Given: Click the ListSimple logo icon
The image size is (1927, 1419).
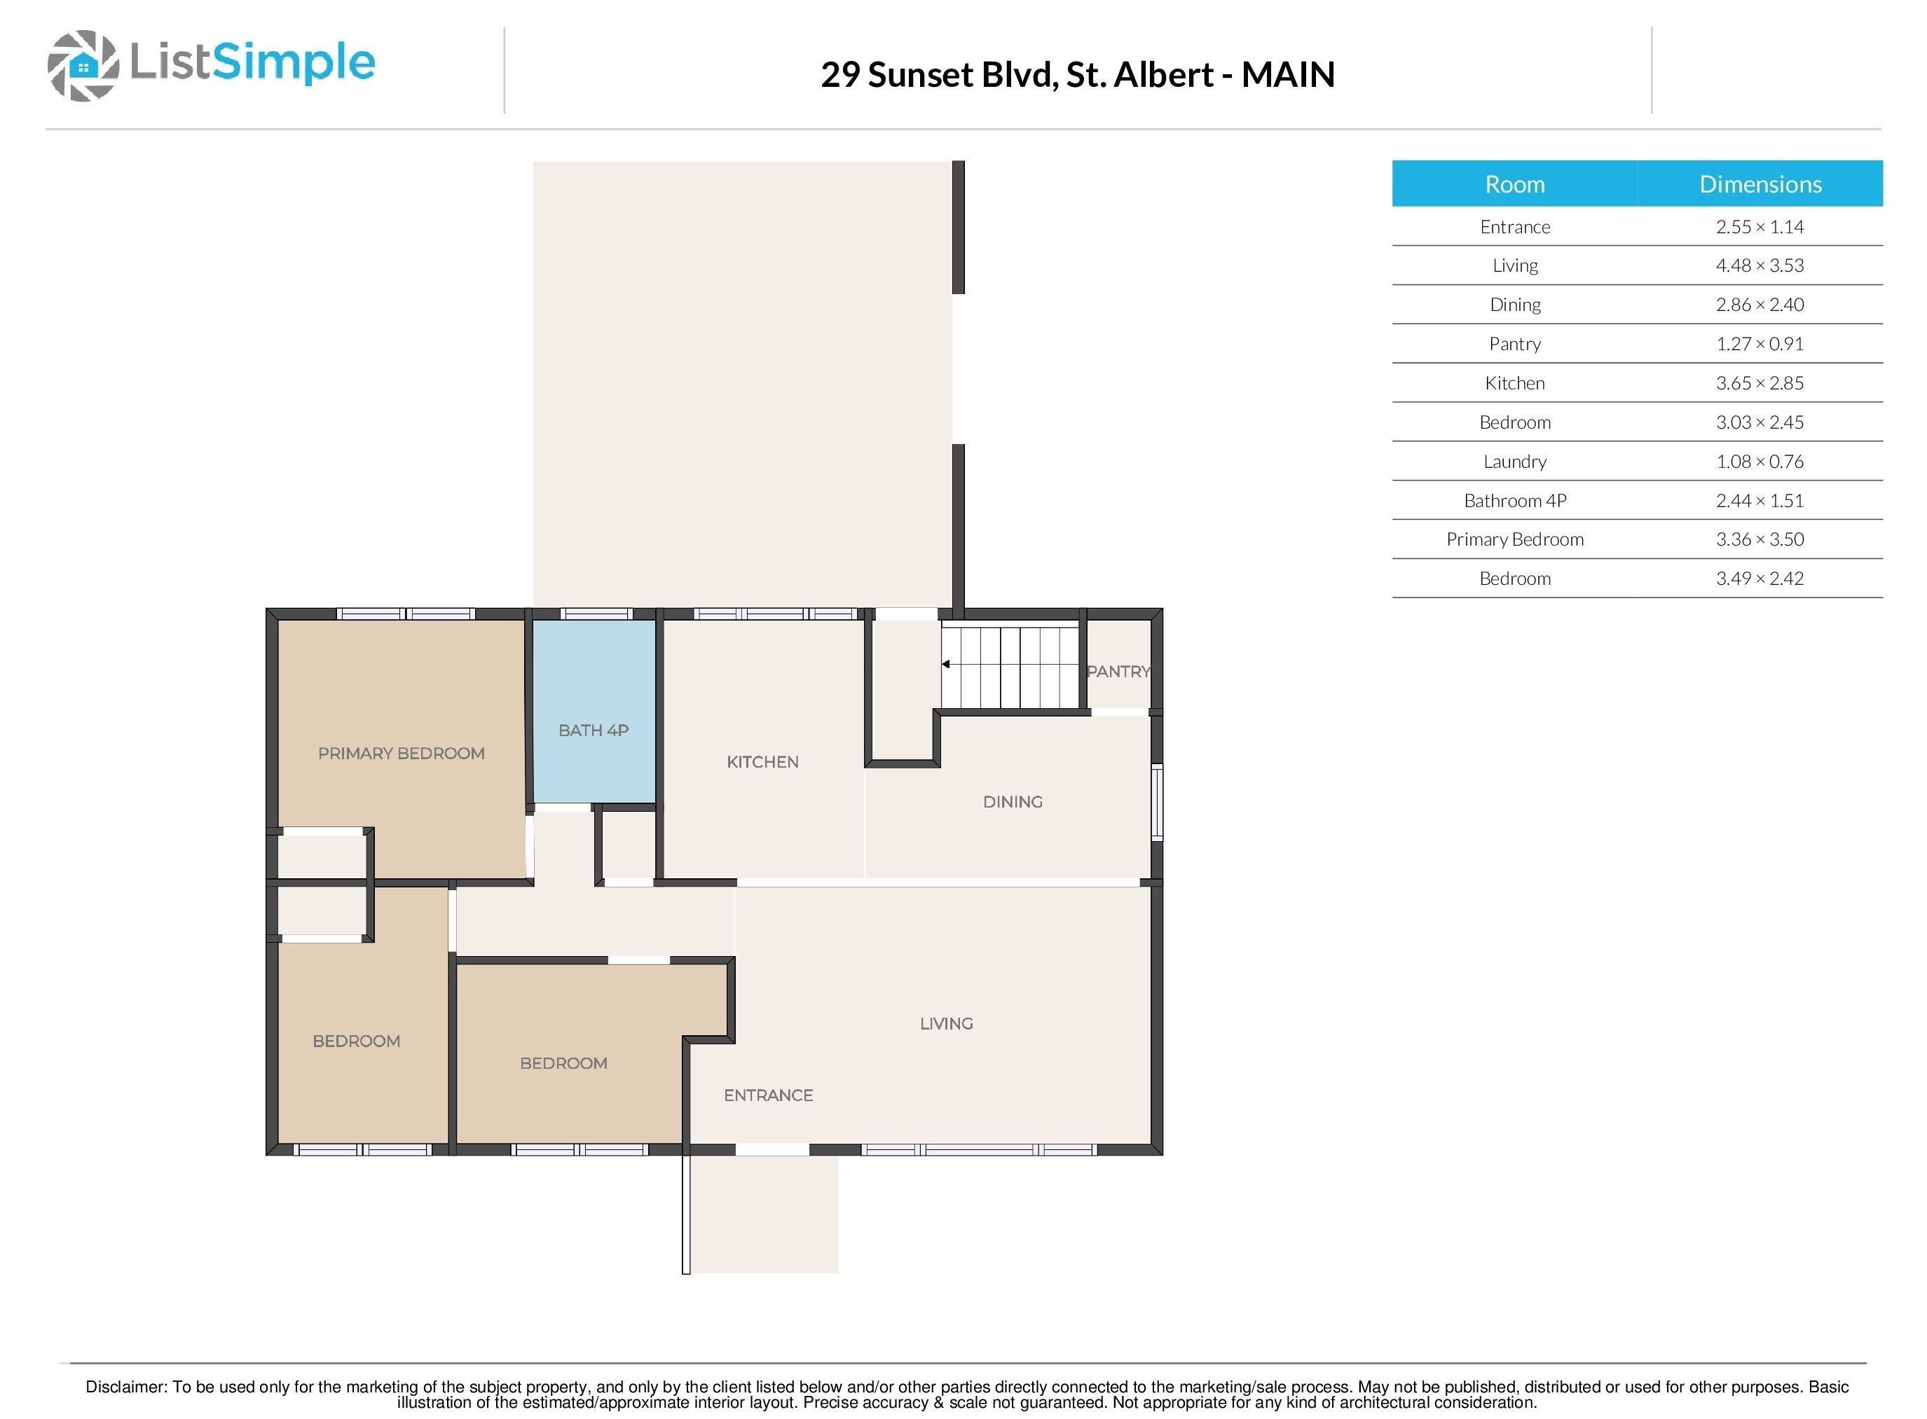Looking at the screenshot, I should tap(83, 65).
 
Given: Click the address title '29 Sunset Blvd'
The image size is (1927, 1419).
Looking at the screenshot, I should tap(936, 75).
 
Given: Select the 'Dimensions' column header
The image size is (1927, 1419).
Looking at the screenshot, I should tap(1759, 184).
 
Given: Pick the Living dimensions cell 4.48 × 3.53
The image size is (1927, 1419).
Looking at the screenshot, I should tap(1759, 265).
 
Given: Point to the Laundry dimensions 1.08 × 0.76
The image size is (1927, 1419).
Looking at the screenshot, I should tap(1759, 462).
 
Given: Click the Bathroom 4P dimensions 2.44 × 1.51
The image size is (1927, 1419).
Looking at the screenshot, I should tap(1759, 501).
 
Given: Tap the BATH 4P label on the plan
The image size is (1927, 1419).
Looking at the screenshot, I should tap(593, 730).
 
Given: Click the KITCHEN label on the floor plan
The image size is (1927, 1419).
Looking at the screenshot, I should tap(762, 762).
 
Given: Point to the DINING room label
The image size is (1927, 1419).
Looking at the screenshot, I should tap(1012, 801).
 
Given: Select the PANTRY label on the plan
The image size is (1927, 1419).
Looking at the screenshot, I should tap(1117, 672).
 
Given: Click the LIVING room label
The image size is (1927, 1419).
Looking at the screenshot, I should tap(946, 1023).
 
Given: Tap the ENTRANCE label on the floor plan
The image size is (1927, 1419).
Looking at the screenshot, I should tap(767, 1095).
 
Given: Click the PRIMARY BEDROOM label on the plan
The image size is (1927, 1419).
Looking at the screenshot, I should tap(402, 754).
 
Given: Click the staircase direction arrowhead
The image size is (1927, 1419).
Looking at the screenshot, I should tap(945, 664).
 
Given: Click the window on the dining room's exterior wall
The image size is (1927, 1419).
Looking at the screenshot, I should tap(1156, 802).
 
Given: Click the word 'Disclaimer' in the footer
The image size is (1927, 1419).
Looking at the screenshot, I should tap(125, 1386).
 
